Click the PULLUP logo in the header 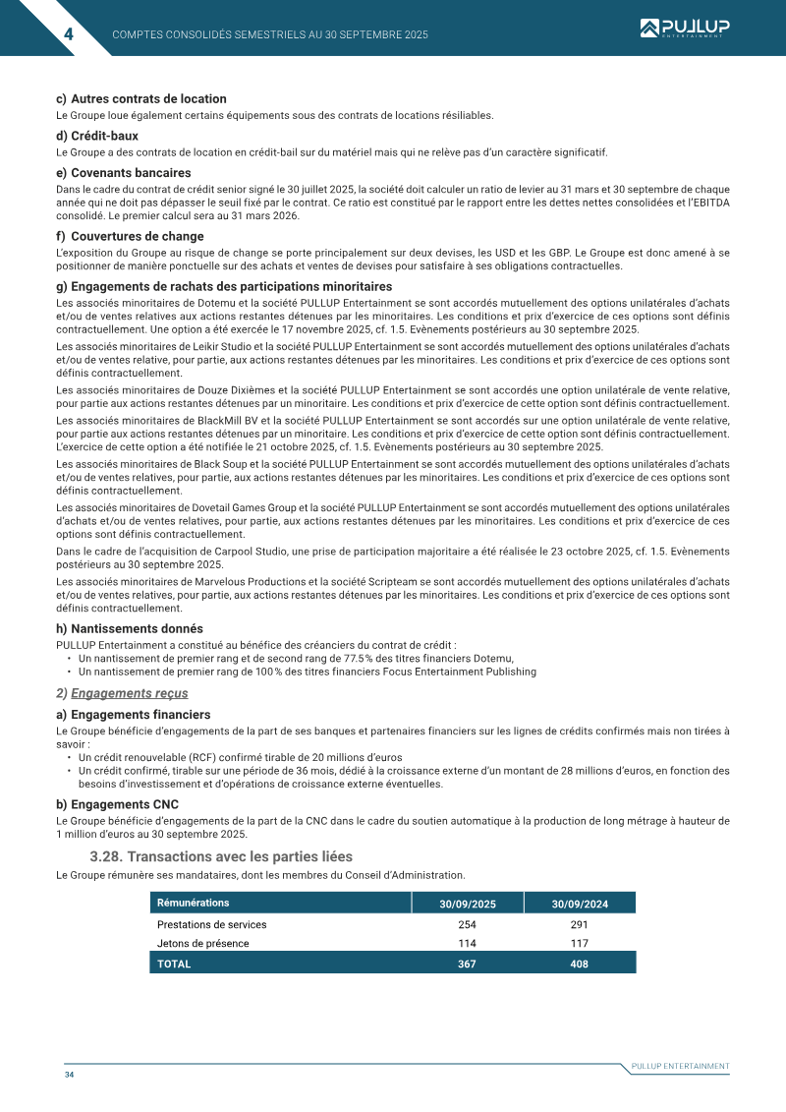point(685,29)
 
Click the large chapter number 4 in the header point(69,34)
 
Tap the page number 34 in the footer point(70,1075)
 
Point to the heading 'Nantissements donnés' point(137,628)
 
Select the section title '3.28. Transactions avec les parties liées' point(220,857)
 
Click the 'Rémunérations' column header point(194,903)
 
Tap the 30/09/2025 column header point(467,904)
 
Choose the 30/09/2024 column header point(580,904)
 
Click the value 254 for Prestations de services point(467,924)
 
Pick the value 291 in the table point(580,924)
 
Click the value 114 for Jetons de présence point(467,944)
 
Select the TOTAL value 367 point(467,965)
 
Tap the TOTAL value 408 point(580,965)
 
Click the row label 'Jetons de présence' point(202,944)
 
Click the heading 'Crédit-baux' point(104,136)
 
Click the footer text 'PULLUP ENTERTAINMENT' point(680,1066)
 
